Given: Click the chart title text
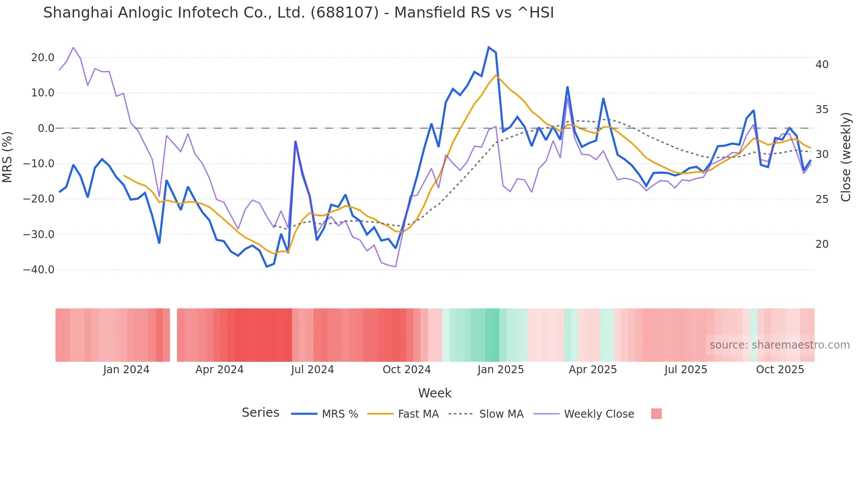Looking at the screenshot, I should pos(298,13).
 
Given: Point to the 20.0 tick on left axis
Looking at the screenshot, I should pos(43,58).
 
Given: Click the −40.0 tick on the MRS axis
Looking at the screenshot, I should pos(39,270).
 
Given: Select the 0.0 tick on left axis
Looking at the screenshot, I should pos(46,129).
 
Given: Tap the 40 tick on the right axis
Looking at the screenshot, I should pos(822,65).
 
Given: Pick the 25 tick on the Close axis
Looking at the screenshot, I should pos(822,199).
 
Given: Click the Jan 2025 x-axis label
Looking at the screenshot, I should pos(501,370).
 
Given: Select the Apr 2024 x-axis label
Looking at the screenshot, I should pos(219,370).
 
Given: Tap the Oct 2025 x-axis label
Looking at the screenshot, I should pos(780,370).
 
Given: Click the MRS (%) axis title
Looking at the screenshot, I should pos(7,157).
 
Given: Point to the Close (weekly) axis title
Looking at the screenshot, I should pos(846,157).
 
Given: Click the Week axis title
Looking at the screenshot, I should pos(435,393).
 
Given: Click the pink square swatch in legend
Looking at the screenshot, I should pos(656,414).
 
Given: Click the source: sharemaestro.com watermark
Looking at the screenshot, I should pos(779,345).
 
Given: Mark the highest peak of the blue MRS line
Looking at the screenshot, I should pos(489,47).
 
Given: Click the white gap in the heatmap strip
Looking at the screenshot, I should pos(173,335).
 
